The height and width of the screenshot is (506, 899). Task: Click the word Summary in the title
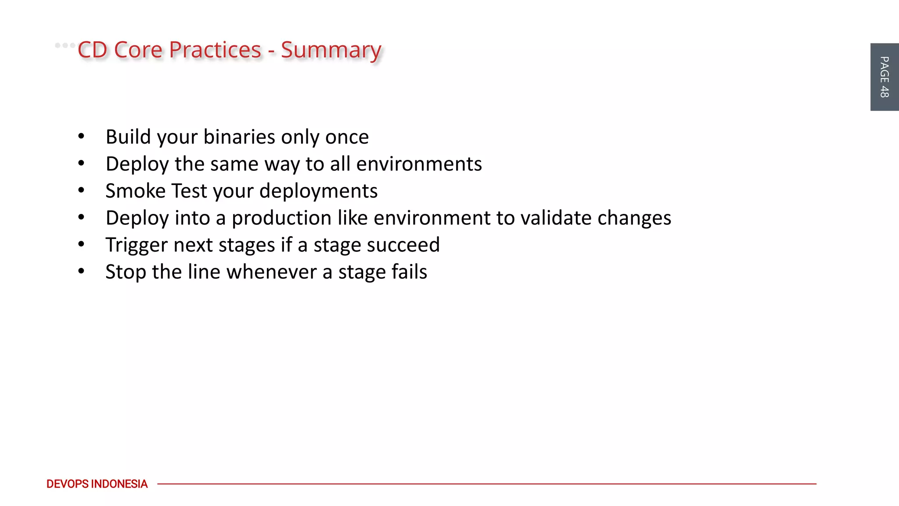pyautogui.click(x=331, y=51)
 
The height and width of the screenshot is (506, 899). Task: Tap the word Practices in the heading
pyautogui.click(x=215, y=50)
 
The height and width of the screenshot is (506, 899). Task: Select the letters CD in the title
pyautogui.click(x=92, y=50)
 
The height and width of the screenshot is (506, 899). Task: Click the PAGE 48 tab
pyautogui.click(x=884, y=77)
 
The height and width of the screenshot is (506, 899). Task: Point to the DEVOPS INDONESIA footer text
pyautogui.click(x=97, y=484)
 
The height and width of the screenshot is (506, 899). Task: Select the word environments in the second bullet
pyautogui.click(x=419, y=164)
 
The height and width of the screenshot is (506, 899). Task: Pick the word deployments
pyautogui.click(x=318, y=192)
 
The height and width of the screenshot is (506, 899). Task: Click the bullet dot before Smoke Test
pyautogui.click(x=81, y=191)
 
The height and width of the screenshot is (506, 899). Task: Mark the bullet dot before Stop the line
pyautogui.click(x=81, y=271)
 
